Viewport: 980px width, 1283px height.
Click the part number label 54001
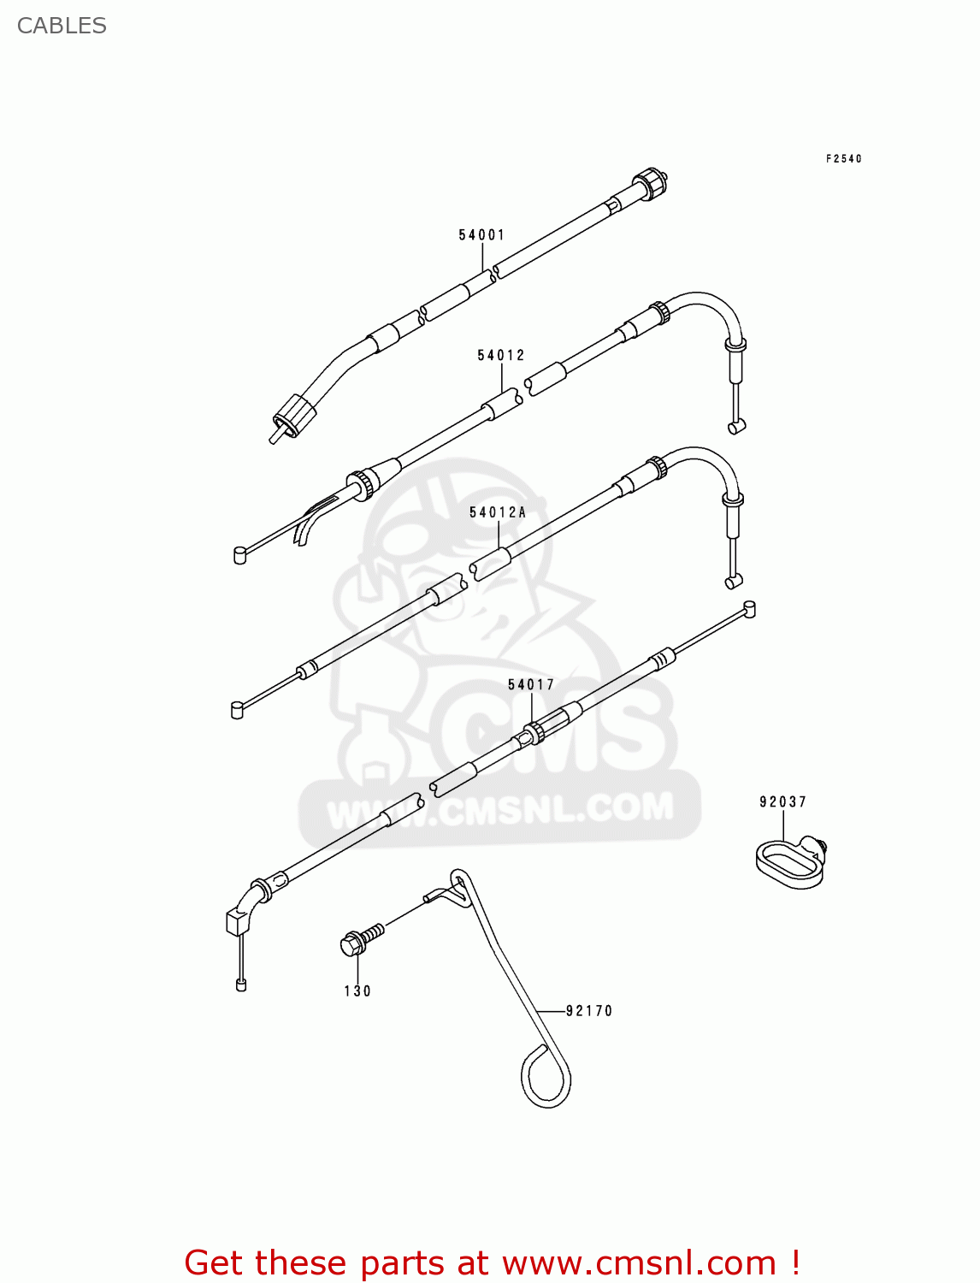[481, 234]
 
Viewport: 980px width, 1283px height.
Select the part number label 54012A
[497, 512]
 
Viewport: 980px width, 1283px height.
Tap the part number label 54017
[531, 684]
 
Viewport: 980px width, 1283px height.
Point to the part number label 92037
[782, 801]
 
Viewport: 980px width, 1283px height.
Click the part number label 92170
[589, 1010]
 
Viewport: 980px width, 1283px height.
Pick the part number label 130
[357, 990]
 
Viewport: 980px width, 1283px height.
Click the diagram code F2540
[843, 158]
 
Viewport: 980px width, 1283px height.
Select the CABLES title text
[62, 26]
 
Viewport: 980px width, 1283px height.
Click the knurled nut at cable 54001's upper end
[650, 183]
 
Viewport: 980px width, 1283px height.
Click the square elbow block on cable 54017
[237, 922]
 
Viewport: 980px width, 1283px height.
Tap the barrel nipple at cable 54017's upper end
[749, 609]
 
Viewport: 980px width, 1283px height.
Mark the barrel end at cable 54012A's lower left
[237, 710]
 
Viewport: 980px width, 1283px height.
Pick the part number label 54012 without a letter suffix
[500, 355]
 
